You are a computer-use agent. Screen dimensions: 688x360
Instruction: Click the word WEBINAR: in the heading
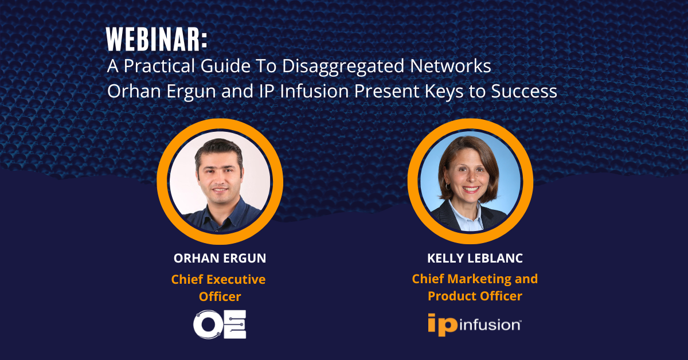coord(157,40)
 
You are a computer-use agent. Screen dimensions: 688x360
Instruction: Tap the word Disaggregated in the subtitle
coord(343,66)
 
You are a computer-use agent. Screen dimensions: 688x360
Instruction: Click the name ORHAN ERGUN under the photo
coord(220,259)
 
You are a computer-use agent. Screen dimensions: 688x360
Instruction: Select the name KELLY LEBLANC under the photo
coord(475,259)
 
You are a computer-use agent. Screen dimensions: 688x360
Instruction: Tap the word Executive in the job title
coord(236,280)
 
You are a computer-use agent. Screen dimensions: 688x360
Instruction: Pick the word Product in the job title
coord(452,296)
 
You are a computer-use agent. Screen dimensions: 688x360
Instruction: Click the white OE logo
coord(220,324)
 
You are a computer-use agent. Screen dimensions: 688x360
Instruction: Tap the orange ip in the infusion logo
coord(443,324)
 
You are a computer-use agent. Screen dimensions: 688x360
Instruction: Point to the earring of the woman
coord(448,186)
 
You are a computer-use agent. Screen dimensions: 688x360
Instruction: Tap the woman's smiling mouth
coord(471,189)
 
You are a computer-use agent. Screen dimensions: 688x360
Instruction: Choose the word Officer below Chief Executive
coord(220,297)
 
